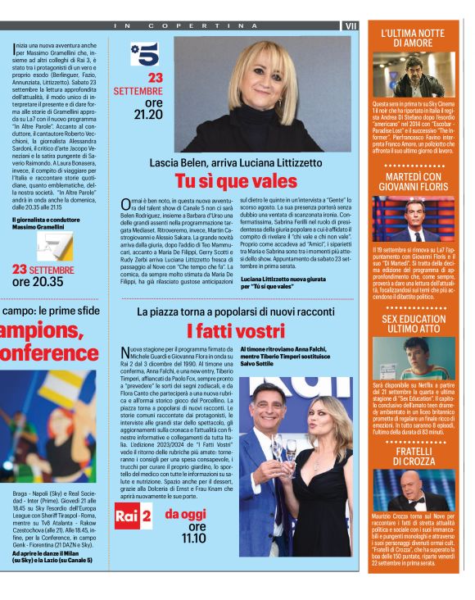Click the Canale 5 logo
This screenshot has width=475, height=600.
click(x=144, y=54)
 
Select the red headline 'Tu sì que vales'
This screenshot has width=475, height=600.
click(x=235, y=180)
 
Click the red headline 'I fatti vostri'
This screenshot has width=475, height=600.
click(x=235, y=331)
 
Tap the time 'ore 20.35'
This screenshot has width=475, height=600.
click(x=38, y=281)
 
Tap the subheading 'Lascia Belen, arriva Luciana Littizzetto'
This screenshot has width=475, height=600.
click(x=235, y=162)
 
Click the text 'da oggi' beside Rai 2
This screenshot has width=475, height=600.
click(x=186, y=514)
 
